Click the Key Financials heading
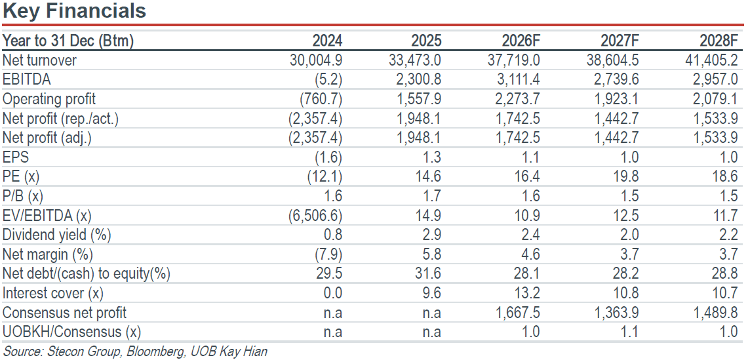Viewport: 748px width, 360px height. tap(74, 10)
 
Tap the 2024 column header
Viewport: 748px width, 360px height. tap(327, 41)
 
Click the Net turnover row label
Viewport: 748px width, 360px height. tap(39, 60)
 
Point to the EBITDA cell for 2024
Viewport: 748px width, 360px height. tap(328, 80)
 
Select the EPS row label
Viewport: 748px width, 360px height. tap(15, 157)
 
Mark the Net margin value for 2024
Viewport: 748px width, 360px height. tap(328, 254)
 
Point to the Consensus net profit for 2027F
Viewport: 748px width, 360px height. tap(614, 313)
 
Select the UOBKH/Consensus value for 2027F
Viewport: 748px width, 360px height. tap(629, 332)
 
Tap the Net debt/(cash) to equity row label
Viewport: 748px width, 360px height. tap(87, 274)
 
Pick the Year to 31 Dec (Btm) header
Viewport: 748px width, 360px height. tap(68, 41)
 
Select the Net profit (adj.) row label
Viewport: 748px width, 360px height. tap(47, 138)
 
